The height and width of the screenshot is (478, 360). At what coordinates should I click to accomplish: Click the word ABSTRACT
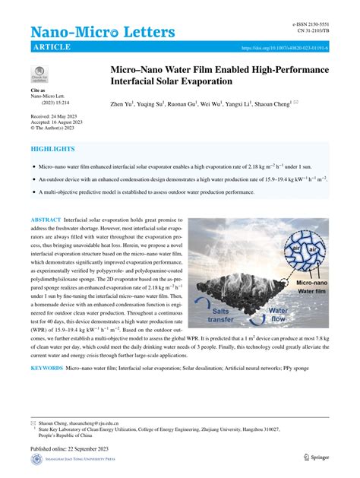click(x=50, y=220)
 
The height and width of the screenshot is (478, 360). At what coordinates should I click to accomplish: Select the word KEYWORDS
click(x=46, y=368)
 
